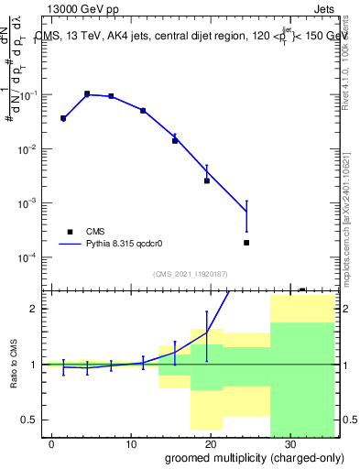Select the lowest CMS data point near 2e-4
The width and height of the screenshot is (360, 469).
(x=246, y=243)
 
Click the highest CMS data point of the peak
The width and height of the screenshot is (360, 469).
(x=87, y=93)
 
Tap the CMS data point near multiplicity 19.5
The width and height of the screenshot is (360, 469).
(x=207, y=180)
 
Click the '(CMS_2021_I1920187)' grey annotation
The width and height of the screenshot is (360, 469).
(x=191, y=273)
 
